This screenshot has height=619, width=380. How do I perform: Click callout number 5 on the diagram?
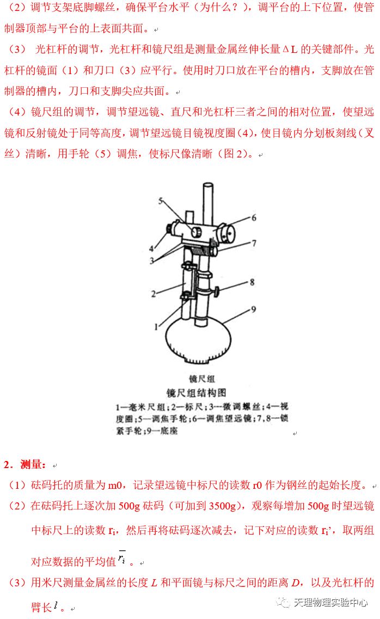(161, 201)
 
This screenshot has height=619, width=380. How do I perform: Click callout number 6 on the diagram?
(254, 217)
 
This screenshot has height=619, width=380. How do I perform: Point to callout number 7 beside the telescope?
(254, 243)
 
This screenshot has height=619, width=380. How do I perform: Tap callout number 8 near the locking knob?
(252, 282)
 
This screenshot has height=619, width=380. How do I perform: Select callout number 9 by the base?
(253, 309)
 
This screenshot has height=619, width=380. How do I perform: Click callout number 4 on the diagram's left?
(151, 248)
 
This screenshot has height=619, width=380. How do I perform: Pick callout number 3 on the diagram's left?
(152, 260)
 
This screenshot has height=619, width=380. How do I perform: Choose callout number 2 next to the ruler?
(154, 294)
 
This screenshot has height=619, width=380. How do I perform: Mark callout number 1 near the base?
(156, 326)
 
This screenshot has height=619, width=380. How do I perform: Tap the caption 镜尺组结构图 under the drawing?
(196, 392)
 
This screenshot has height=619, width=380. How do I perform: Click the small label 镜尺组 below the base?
(202, 379)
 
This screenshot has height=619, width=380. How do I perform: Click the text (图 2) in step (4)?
(235, 154)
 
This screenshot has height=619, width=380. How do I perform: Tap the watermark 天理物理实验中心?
(330, 603)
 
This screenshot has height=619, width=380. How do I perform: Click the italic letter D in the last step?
(295, 582)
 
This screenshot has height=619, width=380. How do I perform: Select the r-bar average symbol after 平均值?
(122, 557)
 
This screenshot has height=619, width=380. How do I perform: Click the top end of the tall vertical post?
(208, 184)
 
